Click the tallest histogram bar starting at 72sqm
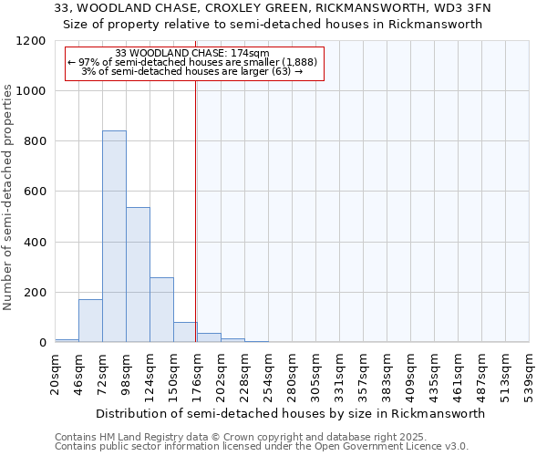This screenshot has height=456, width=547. (x=114, y=236)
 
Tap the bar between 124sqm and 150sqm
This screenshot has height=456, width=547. (x=161, y=309)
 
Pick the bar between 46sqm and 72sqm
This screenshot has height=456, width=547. (x=90, y=320)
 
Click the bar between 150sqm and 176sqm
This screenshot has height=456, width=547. (x=185, y=332)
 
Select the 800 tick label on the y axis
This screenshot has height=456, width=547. (x=34, y=141)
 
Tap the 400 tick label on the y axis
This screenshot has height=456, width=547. (x=34, y=242)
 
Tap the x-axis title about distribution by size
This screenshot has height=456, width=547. (x=290, y=413)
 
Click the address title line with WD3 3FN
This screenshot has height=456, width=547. (x=273, y=8)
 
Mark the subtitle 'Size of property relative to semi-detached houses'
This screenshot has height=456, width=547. (x=273, y=25)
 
